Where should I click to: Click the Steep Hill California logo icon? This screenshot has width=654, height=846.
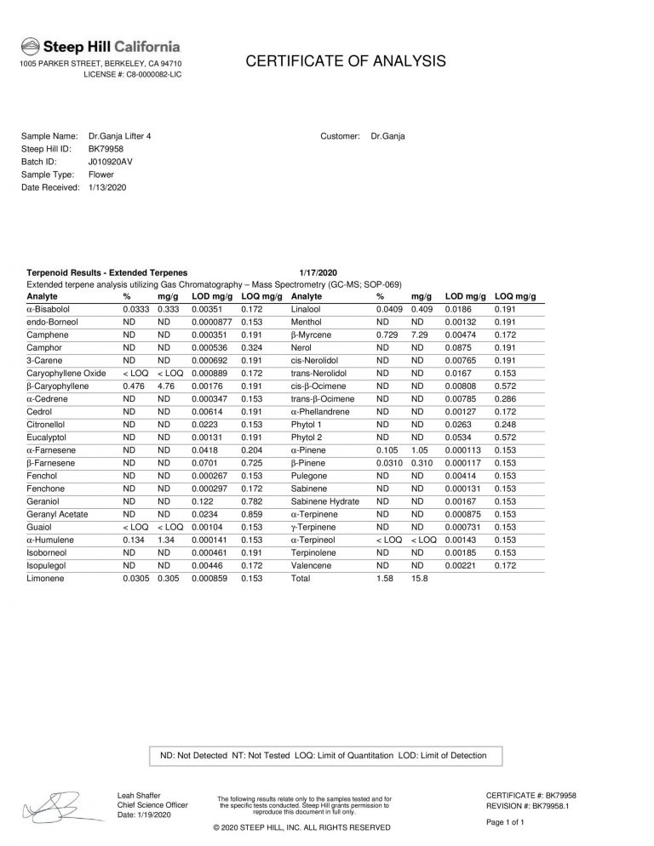tap(30, 46)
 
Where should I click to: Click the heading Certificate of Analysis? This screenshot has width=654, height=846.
tap(345, 60)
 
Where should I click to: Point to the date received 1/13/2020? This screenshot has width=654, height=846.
tap(106, 186)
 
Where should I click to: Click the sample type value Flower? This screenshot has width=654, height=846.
tap(100, 174)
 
